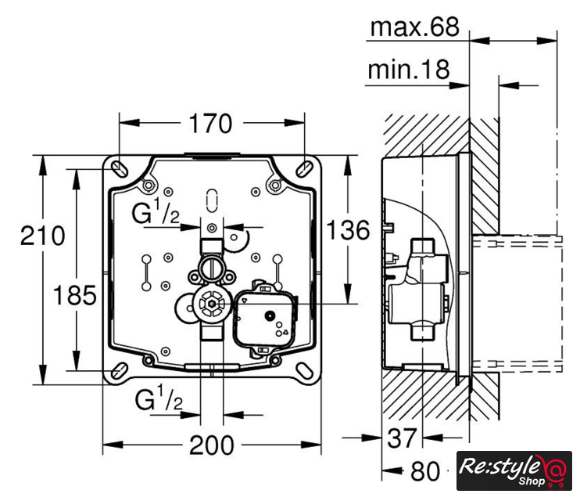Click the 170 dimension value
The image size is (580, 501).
point(210,124)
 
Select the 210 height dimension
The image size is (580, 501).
point(42,236)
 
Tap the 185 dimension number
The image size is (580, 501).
point(75,295)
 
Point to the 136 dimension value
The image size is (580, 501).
point(348,229)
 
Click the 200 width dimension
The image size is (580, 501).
point(212,445)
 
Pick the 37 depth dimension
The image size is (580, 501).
point(402,438)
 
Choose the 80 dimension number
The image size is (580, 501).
point(426,471)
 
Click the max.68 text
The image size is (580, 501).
point(414,27)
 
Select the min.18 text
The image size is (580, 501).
point(409,70)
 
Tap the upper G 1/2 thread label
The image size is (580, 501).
point(156,211)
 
